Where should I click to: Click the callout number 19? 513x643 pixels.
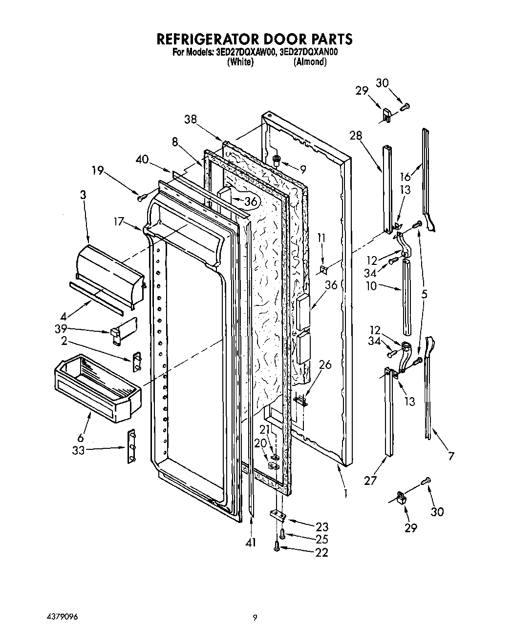tap(98, 170)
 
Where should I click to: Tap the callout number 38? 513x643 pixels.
tap(192, 119)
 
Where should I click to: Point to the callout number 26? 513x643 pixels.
tap(325, 364)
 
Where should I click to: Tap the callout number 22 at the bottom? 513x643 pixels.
tap(322, 552)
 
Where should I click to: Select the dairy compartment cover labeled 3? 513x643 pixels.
tap(110, 276)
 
